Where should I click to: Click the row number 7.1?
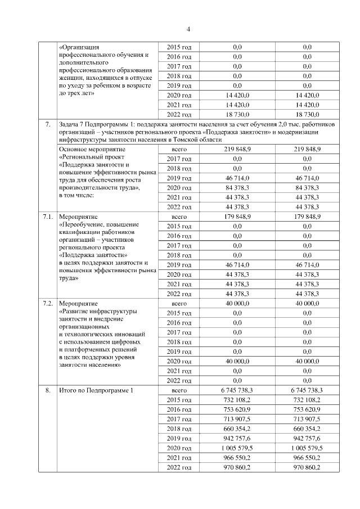point(48,216)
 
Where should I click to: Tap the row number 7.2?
point(48,303)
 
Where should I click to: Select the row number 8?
point(48,390)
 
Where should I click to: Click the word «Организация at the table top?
point(79,47)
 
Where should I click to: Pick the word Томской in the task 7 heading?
point(188,139)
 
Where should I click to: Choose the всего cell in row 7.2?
point(179,303)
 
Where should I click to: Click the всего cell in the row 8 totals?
point(179,390)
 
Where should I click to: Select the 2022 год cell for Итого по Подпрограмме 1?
point(179,467)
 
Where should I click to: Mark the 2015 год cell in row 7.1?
point(179,226)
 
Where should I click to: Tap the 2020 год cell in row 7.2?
point(179,361)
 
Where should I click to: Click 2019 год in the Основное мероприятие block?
point(179,178)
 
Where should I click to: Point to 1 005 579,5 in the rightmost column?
point(307,448)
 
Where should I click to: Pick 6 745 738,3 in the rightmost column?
point(307,390)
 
